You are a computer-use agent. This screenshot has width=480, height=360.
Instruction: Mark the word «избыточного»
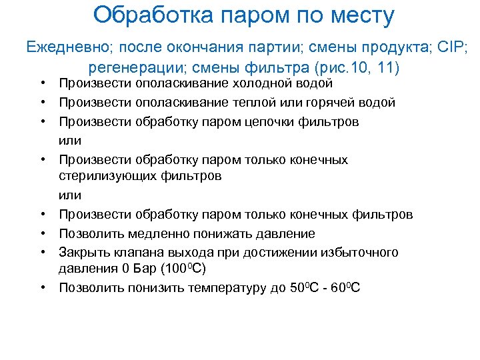coord(359,253)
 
